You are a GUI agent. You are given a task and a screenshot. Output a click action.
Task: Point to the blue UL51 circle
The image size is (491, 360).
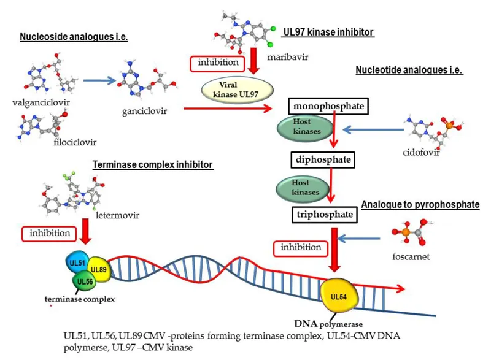(x=77, y=262)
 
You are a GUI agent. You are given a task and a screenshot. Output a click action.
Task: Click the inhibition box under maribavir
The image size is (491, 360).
(x=211, y=62)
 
